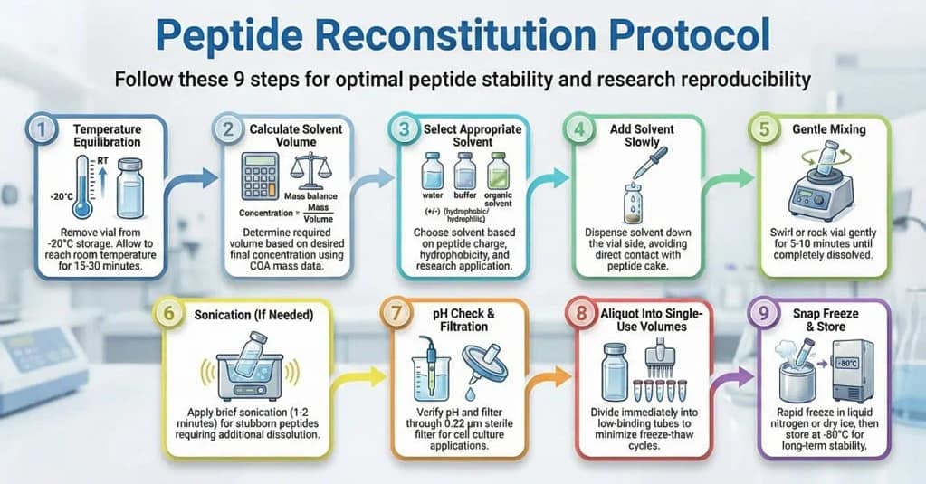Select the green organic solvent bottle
495,169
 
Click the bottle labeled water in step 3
431,169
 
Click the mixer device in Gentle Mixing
819,191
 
